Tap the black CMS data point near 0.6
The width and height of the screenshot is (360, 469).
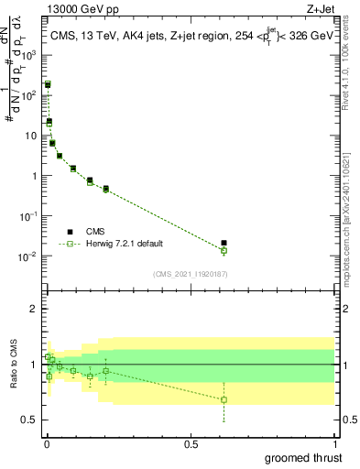pos(224,244)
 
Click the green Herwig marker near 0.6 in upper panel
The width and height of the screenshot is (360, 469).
pos(224,250)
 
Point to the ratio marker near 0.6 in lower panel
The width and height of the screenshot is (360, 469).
pos(224,399)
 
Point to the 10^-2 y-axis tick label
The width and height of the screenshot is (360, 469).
pos(27,256)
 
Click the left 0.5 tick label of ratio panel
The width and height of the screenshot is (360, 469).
pos(30,420)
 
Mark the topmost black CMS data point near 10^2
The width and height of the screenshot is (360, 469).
pos(48,84)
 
